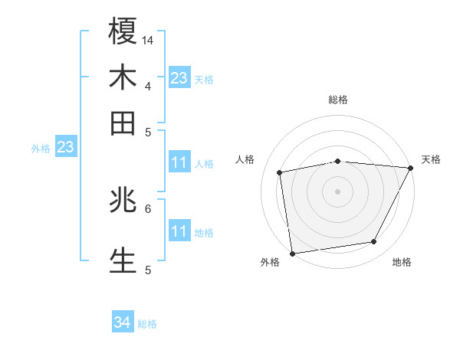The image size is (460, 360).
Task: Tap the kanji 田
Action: [x=123, y=123]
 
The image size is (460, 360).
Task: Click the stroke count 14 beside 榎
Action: [x=148, y=39]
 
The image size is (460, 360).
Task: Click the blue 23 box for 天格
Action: [x=179, y=77]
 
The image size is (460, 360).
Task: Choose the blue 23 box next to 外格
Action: [x=65, y=146]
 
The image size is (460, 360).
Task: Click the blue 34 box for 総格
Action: [x=122, y=322]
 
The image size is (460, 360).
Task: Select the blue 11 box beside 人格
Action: [x=179, y=162]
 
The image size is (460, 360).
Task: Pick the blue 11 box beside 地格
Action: [x=179, y=231]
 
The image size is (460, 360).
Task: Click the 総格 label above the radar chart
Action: [x=338, y=100]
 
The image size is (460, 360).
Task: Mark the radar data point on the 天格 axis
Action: [x=410, y=168]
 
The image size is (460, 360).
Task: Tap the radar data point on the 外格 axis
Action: [x=292, y=253]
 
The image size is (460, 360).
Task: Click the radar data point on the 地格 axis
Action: [x=374, y=242]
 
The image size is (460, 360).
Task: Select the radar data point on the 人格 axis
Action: [x=280, y=172]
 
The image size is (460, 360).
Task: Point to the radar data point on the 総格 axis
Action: [x=338, y=161]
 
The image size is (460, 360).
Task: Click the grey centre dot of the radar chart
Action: [x=338, y=191]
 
